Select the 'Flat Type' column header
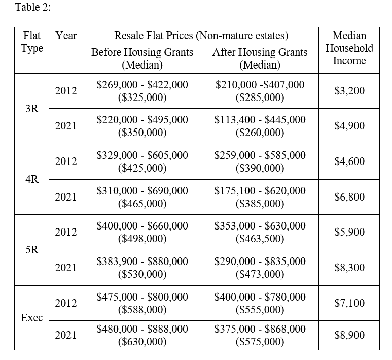[32, 42]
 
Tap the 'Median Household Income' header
[349, 48]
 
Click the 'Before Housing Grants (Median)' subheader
[142, 59]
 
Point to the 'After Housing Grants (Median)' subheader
[260, 59]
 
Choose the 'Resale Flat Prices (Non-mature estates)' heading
[201, 36]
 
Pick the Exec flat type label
[32, 318]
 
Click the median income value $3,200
[349, 91]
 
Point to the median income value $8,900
[349, 335]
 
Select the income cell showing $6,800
[349, 197]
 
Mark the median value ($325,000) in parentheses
[142, 97]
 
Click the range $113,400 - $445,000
[260, 120]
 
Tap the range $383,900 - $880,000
[142, 261]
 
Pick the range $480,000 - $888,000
[142, 329]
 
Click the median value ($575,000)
[260, 341]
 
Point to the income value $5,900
[349, 232]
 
